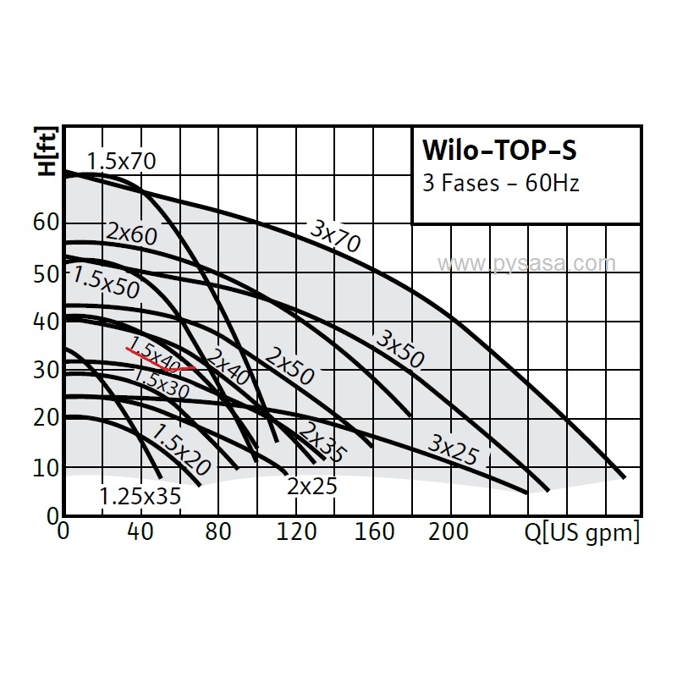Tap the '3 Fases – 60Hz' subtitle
pyautogui.click(x=501, y=183)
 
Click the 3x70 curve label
pyautogui.click(x=335, y=236)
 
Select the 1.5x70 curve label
pyautogui.click(x=121, y=161)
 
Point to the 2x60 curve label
pyautogui.click(x=132, y=233)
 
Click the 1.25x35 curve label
pyautogui.click(x=140, y=497)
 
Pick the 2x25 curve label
pyautogui.click(x=311, y=487)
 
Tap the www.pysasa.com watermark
pyautogui.click(x=526, y=264)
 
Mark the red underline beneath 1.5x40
pyautogui.click(x=161, y=361)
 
